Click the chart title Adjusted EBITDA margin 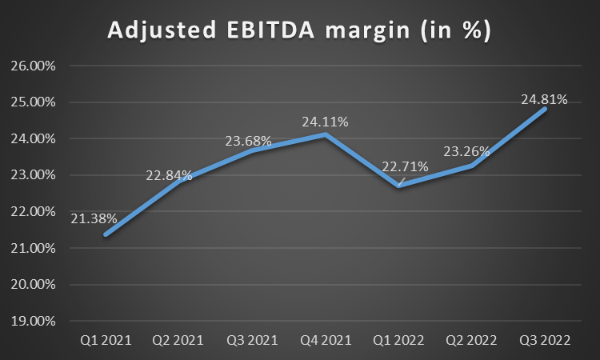point(300,31)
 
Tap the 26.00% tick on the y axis point(33,66)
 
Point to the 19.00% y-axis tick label point(33,321)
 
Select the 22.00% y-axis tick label point(33,211)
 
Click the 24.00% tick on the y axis point(33,138)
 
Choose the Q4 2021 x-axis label point(326,341)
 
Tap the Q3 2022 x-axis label point(546,341)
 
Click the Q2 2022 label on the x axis point(472,341)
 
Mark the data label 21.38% point(94,218)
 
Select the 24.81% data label point(545,100)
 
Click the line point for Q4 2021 point(326,134)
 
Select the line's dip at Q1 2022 point(399,186)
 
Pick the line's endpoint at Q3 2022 point(546,109)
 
